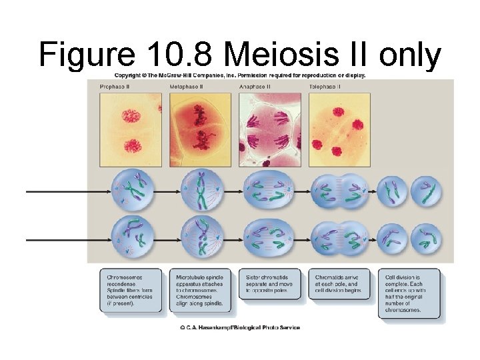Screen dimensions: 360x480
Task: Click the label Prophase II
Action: point(115,87)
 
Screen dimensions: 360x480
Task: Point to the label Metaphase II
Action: point(187,87)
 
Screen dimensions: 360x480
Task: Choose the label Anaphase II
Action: point(256,87)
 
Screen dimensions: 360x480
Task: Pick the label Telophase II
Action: point(325,87)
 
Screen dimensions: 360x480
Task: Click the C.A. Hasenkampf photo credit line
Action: point(239,327)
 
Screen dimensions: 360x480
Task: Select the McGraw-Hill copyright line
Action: point(240,75)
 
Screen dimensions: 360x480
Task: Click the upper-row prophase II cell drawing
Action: point(133,188)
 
